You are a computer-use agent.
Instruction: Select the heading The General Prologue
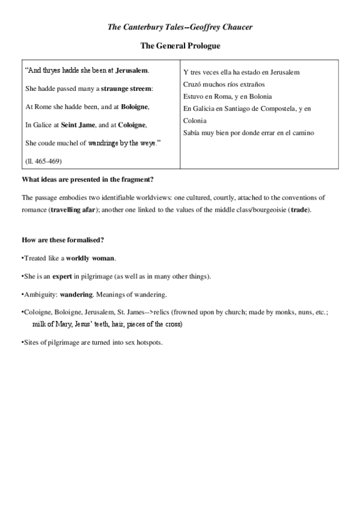tap(180, 45)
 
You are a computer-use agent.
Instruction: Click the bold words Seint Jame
tap(78, 124)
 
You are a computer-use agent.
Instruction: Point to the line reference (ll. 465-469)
tap(44, 161)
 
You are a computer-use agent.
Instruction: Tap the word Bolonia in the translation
tap(258, 96)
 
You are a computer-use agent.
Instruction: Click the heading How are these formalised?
tap(63, 241)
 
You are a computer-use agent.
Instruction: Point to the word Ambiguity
tap(40, 294)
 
